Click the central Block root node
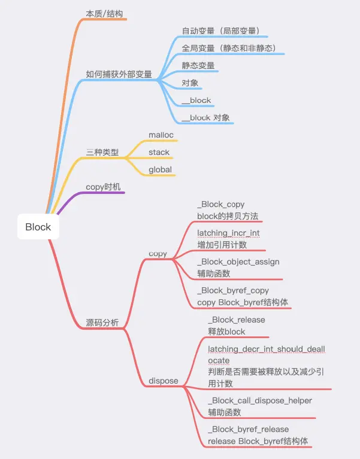coord(38,227)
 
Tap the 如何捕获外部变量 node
coord(119,75)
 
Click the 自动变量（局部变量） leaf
coord(220,30)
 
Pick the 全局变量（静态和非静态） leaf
coord(228,48)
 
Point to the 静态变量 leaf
coord(198,65)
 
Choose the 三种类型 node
coord(102,153)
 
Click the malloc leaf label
coord(161,135)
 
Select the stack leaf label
coord(159,153)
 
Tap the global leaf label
coord(161,169)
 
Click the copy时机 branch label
coord(104,187)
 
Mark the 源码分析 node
coord(102,323)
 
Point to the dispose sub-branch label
coord(163,380)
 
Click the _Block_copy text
coord(220,205)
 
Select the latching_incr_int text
coord(228,233)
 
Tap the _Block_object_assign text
coord(238,262)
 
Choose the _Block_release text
coord(236,320)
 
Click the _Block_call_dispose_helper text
coord(259,400)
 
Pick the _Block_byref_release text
coord(248,429)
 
